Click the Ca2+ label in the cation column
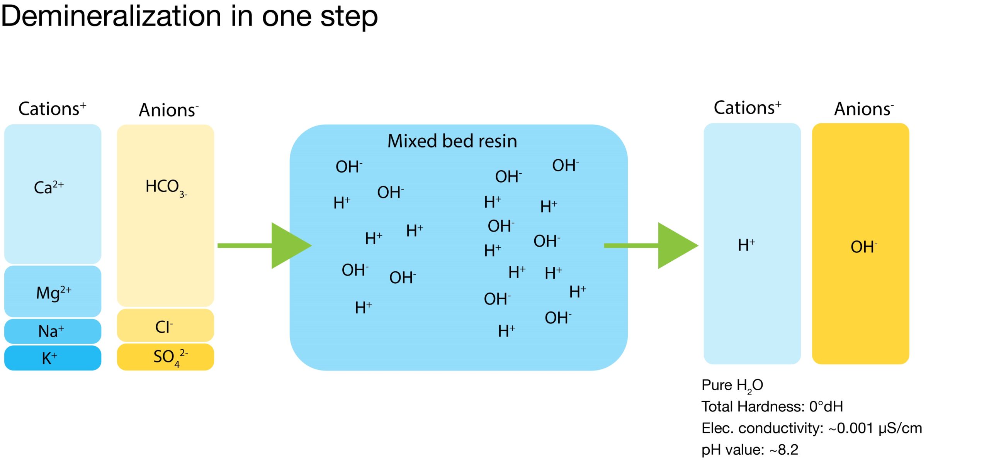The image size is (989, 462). tap(49, 188)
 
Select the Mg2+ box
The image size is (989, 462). tap(53, 292)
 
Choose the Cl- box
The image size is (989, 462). tap(165, 327)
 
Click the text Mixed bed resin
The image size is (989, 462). tap(452, 141)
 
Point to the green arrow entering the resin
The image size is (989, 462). tap(270, 245)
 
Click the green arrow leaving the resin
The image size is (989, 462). tap(657, 245)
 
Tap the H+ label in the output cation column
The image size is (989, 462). tap(746, 245)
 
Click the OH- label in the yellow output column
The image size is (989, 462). tap(863, 247)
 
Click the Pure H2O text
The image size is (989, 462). tap(732, 385)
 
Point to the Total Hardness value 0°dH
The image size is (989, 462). tap(826, 406)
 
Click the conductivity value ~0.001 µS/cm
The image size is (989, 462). tap(875, 428)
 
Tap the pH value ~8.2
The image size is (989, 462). tap(784, 450)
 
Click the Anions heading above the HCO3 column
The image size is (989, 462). tap(168, 110)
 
